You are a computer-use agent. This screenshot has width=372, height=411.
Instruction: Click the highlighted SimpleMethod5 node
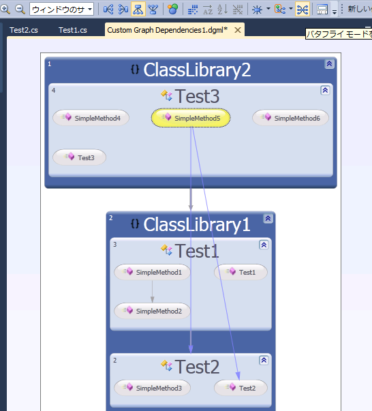click(x=191, y=118)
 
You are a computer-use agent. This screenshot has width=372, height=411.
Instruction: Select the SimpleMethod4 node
click(x=91, y=118)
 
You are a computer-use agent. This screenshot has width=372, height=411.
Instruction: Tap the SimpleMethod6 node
click(x=290, y=118)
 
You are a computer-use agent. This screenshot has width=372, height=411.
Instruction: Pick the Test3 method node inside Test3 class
click(x=80, y=157)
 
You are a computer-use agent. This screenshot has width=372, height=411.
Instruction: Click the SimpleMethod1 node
click(x=152, y=272)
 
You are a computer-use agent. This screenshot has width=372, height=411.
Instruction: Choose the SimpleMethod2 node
click(x=152, y=311)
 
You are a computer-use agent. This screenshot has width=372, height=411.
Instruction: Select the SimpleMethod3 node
click(x=152, y=388)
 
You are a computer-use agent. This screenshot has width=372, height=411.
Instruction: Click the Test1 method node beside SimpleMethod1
click(x=241, y=272)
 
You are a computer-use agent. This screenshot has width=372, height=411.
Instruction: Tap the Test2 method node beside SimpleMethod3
click(x=241, y=388)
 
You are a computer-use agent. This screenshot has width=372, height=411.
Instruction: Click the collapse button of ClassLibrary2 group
click(x=329, y=63)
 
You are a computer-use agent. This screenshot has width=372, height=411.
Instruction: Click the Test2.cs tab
click(x=24, y=30)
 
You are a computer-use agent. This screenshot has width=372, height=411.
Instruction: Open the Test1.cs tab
click(x=73, y=30)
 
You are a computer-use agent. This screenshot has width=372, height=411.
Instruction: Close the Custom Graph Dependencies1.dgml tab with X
click(x=238, y=30)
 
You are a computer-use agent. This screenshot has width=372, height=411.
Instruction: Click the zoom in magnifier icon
click(x=5, y=9)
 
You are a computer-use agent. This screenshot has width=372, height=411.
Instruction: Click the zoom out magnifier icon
click(x=20, y=9)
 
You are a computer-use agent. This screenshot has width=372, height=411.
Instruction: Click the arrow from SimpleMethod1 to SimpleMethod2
click(x=152, y=292)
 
